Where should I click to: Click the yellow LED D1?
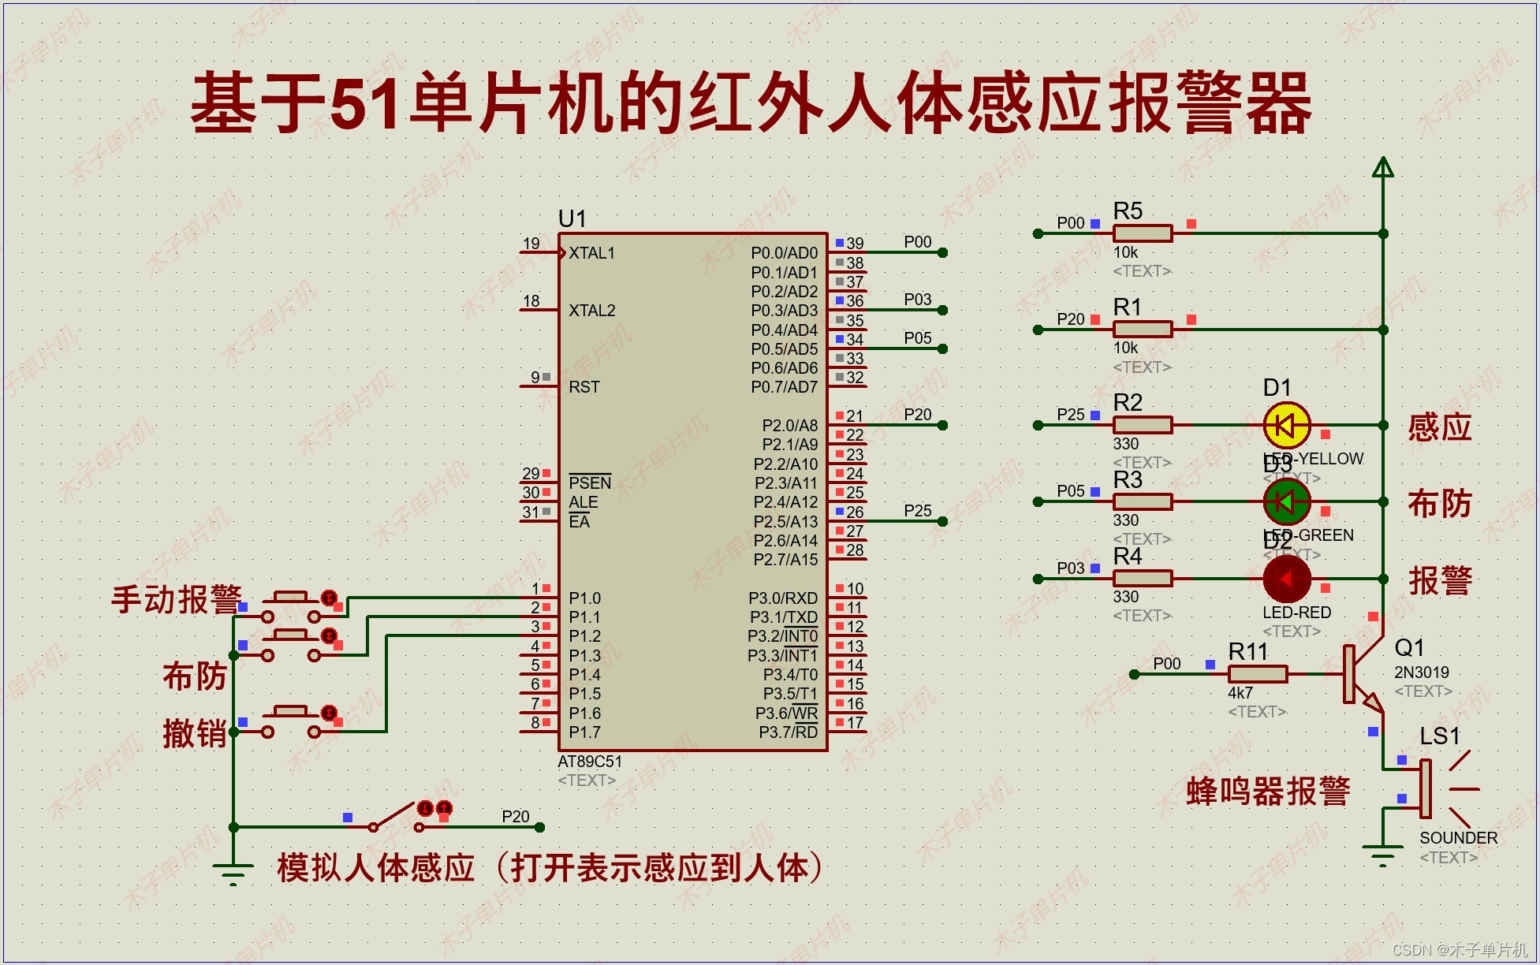click(1286, 426)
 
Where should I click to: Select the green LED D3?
click(1286, 501)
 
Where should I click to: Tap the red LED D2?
click(1286, 579)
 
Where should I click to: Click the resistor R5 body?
click(1142, 233)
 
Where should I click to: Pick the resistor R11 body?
click(1257, 674)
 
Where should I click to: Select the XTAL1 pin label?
click(591, 253)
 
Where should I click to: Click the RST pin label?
click(584, 387)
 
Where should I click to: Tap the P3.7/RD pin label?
click(788, 732)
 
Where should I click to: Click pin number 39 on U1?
click(855, 244)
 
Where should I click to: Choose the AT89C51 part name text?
click(590, 762)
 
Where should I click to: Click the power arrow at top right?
click(1382, 167)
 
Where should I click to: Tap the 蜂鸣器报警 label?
click(1268, 791)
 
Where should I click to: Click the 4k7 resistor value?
click(1240, 693)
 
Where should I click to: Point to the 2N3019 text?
click(1421, 673)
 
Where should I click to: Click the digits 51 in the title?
click(364, 102)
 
